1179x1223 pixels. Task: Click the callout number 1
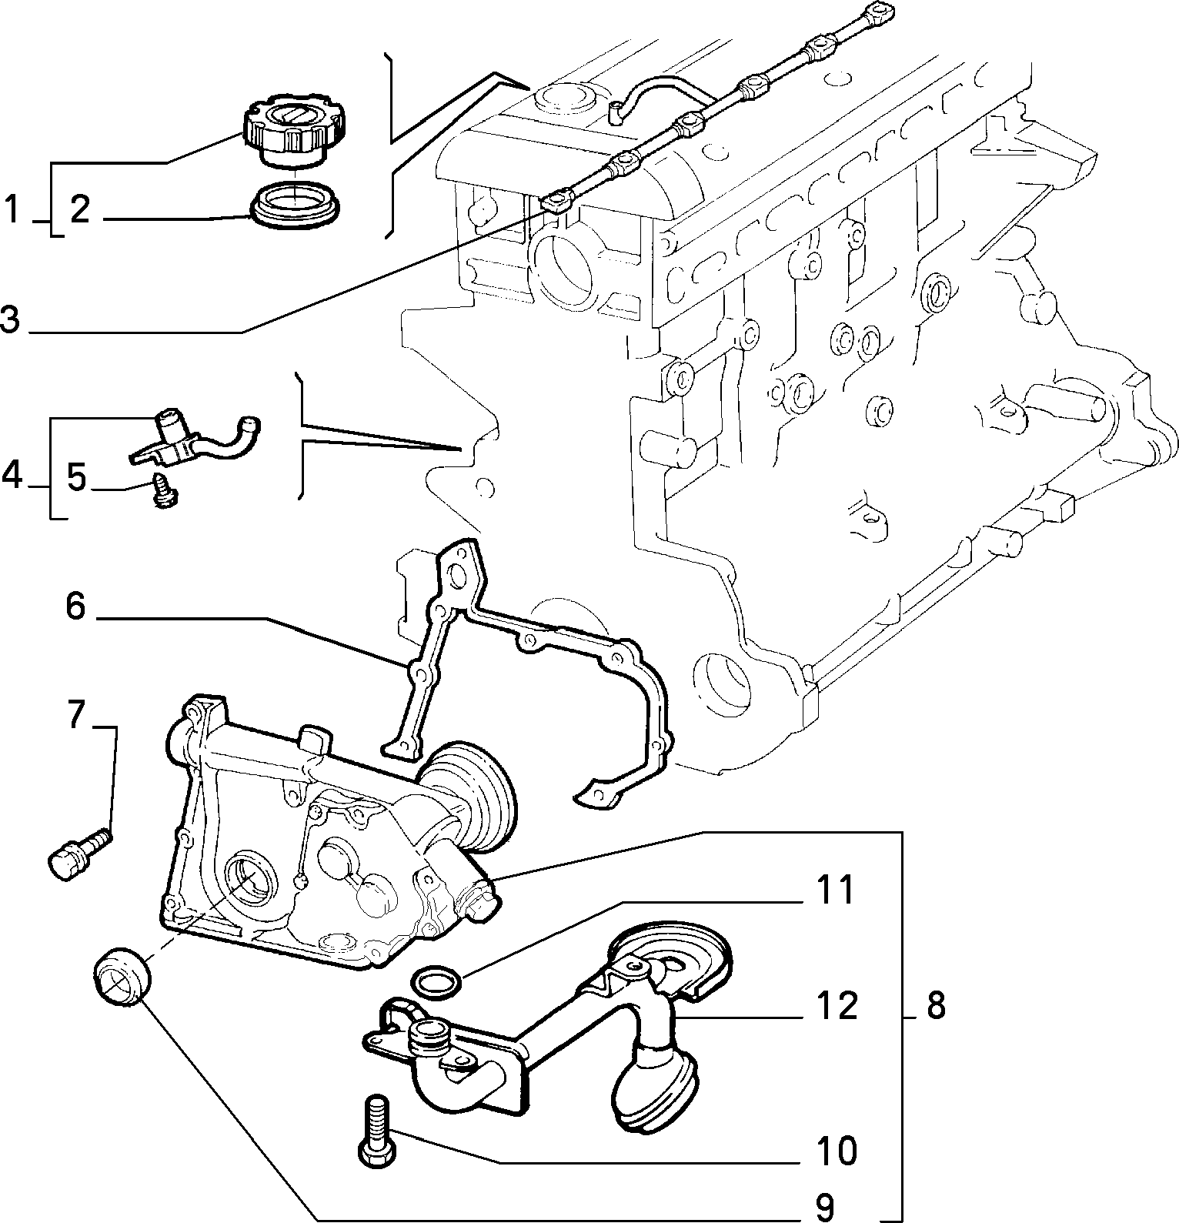12,210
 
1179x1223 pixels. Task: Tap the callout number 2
81,210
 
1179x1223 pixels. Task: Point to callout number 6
75,606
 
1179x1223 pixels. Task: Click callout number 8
935,1006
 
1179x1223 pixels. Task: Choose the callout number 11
836,891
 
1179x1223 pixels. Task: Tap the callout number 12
837,1006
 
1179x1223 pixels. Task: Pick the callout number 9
824,1208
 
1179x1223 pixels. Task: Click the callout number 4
12,476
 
